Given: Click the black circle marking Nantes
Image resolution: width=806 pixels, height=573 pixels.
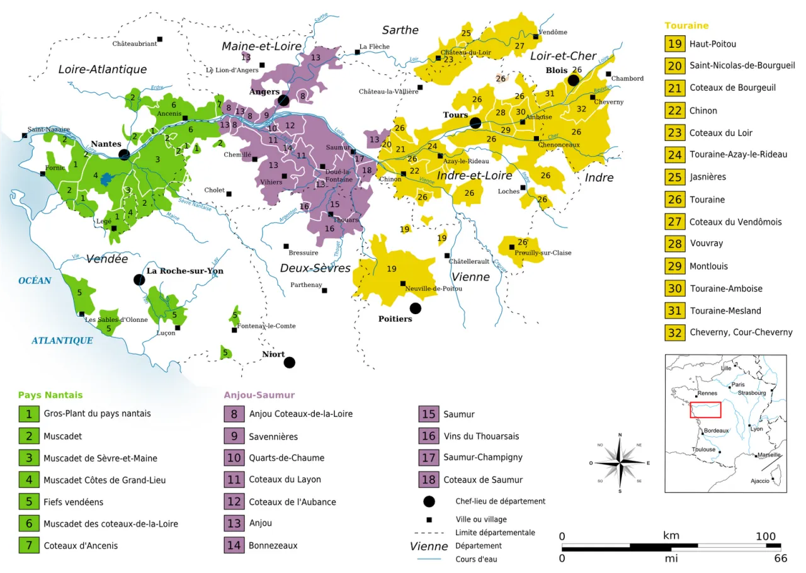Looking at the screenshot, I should coord(125,154).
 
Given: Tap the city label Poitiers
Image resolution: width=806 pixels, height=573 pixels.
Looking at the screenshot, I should coord(395,319).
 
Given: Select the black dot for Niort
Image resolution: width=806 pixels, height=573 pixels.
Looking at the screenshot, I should coord(289,362).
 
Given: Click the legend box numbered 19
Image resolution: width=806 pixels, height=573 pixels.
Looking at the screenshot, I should coord(675,44).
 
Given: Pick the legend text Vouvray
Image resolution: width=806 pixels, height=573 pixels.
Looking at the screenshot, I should coord(706,244).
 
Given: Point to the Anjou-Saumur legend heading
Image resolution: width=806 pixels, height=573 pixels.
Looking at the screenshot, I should coord(259,395).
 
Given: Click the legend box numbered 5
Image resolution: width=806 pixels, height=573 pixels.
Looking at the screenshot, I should coord(28,502).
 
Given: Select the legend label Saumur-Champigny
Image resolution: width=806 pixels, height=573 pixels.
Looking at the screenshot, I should coord(482,458).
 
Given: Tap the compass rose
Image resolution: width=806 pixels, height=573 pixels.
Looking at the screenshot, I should coord(620,463).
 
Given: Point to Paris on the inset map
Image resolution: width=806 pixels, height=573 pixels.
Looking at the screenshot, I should coord(738,385).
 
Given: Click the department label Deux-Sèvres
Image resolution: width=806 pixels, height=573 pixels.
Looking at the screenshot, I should coord(315,268).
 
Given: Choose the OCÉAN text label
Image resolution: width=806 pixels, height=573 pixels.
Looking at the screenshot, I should coord(35,281).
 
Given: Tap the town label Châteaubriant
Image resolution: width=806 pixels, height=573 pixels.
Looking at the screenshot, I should coord(134,44).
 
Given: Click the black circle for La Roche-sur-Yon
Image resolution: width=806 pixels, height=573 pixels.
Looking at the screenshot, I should coord(139,280).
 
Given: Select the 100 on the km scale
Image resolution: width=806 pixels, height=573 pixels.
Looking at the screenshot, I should coord(765,536).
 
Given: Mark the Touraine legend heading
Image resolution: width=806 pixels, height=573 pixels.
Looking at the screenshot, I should coord(686,26).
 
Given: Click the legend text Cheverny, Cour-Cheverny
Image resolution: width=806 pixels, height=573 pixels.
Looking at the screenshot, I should coord(741,332).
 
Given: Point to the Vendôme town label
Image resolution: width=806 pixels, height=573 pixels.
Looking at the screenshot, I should coord(553,32).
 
